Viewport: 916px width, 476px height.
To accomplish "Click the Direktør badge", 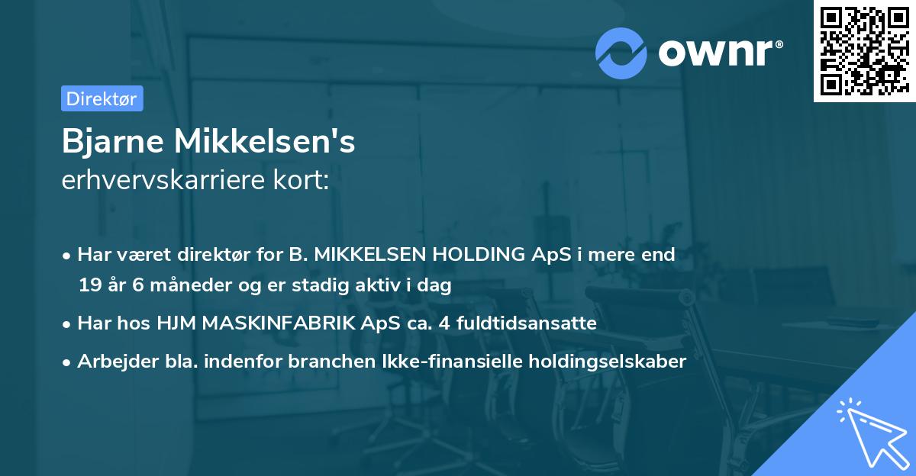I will tap(102, 98).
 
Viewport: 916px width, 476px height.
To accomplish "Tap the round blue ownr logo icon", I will tap(621, 53).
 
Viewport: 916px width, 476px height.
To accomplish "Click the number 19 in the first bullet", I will tap(89, 286).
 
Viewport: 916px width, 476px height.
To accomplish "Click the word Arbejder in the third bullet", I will tap(111, 362).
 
